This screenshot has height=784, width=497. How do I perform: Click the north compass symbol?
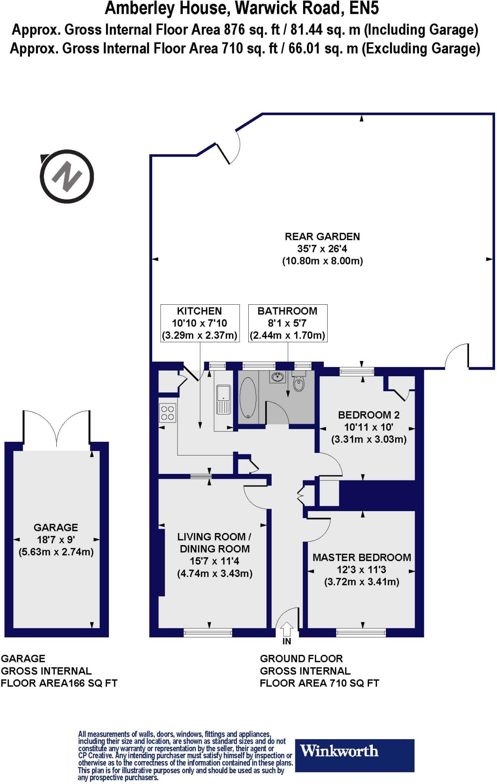click(x=67, y=176)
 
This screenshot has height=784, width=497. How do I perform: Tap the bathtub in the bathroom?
click(x=248, y=398)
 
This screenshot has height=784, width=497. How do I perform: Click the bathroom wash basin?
click(x=277, y=377)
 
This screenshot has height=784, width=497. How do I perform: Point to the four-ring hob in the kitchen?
click(x=168, y=413)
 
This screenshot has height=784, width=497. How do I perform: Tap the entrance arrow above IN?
click(x=287, y=629)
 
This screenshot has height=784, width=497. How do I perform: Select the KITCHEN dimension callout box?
click(x=200, y=323)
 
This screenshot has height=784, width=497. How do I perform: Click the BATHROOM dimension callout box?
click(x=287, y=323)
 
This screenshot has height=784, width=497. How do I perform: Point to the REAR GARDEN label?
click(x=322, y=237)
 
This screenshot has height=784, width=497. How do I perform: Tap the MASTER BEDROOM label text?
click(x=362, y=557)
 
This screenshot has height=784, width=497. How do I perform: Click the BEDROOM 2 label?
click(x=369, y=415)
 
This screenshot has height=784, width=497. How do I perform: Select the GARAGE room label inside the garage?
click(x=56, y=528)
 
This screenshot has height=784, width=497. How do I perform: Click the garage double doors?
click(x=57, y=429)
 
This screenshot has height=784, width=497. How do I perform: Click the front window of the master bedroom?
click(x=361, y=633)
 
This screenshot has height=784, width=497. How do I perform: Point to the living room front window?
click(x=208, y=633)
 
